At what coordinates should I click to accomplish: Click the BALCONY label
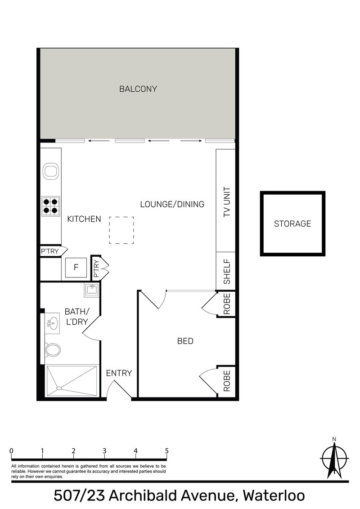pos(138,89)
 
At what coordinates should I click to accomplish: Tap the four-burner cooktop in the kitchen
pos(50,206)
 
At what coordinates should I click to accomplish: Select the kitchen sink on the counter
pos(51,171)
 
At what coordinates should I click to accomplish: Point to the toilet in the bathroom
pos(52,350)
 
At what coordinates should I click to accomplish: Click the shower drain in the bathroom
pos(59,388)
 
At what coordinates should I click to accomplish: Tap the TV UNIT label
pos(227,202)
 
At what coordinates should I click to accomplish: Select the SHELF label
pos(227,272)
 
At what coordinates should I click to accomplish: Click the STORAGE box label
pos(292,223)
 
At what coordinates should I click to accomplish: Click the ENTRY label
pos(119,373)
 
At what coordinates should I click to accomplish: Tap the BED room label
pos(185,341)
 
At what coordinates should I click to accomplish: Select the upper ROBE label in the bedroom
pos(227,304)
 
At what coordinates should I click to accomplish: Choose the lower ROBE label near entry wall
pos(227,381)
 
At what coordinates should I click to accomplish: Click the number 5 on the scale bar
pos(166,451)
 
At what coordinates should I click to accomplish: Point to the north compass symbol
pos(334,458)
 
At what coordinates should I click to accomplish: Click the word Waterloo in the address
pos(274,496)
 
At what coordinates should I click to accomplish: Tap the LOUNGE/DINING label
pos(172,204)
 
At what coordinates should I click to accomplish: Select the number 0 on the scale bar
pos(11,451)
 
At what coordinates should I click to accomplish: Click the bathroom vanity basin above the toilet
pos(52,323)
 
